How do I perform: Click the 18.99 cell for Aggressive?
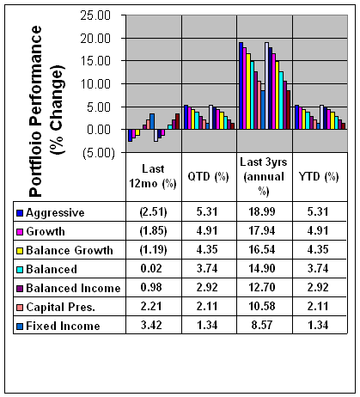(262, 211)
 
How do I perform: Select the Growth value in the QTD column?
(207, 230)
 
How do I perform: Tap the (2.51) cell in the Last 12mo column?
(153, 212)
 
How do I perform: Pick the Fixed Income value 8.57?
(262, 325)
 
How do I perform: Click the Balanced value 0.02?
(151, 268)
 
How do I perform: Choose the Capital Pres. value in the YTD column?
(318, 306)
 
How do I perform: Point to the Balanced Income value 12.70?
(262, 287)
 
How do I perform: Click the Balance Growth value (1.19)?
(153, 250)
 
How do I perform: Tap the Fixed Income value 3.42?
(151, 325)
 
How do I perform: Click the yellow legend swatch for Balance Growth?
(20, 251)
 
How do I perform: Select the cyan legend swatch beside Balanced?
(20, 270)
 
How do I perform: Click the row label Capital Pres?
(60, 308)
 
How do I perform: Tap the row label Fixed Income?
(63, 326)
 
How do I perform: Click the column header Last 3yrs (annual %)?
(264, 176)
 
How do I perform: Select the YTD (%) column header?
(319, 176)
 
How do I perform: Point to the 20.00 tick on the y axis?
(95, 38)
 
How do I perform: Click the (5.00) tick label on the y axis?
(99, 153)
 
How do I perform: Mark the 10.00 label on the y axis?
(95, 84)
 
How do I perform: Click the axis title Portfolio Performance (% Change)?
(46, 111)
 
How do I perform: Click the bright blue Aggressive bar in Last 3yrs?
(241, 86)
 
